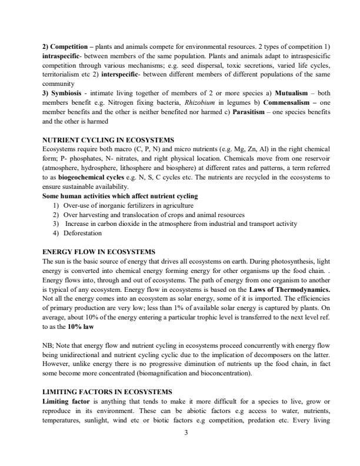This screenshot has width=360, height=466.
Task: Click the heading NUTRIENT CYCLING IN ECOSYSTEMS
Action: pos(108,139)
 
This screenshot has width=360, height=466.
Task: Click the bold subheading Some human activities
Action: pos(120,196)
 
